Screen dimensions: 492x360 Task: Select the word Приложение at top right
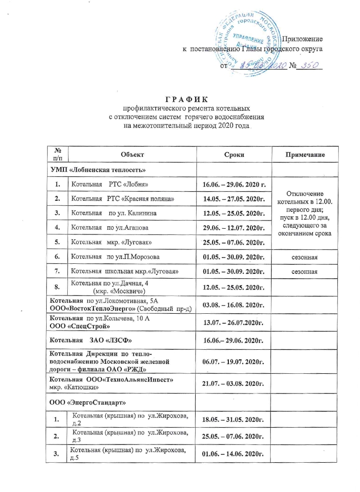(x=302, y=38)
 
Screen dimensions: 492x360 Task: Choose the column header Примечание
(x=305, y=155)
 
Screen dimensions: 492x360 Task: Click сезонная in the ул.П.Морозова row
(x=305, y=258)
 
